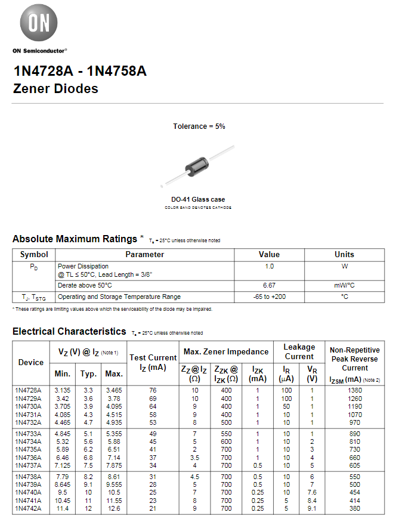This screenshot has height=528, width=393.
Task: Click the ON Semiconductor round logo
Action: coord(39,23)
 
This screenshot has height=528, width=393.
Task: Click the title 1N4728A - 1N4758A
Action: coord(79,71)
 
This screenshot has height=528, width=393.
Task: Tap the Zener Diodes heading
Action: coord(55,89)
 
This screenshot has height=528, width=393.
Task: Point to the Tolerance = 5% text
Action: coord(199,126)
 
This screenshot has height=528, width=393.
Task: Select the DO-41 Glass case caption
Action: coord(198,199)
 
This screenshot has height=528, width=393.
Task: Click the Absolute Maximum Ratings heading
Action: coord(75,239)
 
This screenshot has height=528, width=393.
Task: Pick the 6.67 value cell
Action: coord(269,285)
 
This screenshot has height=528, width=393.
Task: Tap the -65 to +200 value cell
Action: coord(269,297)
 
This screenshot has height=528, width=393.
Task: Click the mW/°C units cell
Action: coord(344,285)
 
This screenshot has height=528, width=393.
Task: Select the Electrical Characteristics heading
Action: coord(69,331)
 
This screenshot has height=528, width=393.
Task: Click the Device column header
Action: coord(31,362)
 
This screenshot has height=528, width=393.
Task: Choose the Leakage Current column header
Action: coord(299,351)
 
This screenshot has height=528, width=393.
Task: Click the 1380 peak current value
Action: coord(355,390)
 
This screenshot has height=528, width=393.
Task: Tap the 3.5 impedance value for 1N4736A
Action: coord(194,457)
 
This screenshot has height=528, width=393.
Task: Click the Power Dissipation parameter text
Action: coord(83,266)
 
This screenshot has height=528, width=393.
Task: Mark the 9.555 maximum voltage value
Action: coord(113,485)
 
